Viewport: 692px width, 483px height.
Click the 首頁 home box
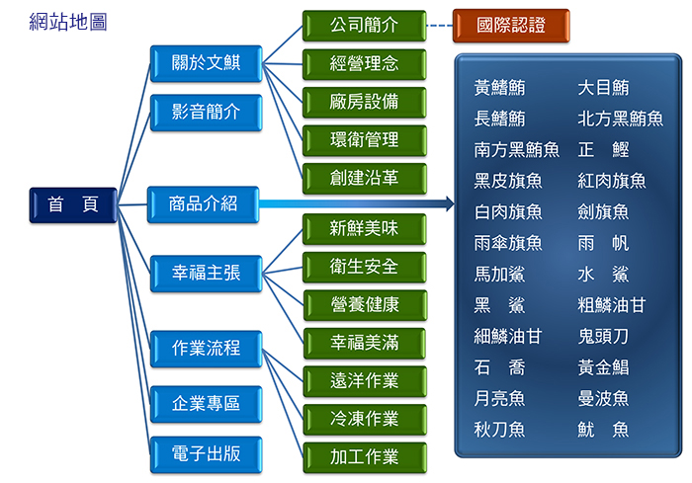tap(73, 205)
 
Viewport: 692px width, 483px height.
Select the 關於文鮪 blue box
tap(206, 63)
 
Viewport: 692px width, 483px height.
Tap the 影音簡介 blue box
tap(206, 113)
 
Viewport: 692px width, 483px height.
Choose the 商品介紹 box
tap(203, 204)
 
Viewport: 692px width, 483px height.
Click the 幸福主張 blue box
tap(206, 274)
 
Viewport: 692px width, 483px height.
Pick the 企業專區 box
tap(206, 404)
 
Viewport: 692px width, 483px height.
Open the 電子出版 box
tap(206, 454)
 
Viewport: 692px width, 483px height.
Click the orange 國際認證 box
tap(511, 26)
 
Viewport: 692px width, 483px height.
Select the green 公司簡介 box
tap(365, 26)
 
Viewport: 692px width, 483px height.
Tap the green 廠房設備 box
tap(365, 103)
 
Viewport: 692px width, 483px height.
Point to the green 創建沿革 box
tap(365, 179)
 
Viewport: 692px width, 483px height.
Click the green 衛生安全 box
tap(365, 268)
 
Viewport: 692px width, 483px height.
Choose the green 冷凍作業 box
tap(365, 420)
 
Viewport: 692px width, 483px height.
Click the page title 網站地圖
tap(68, 22)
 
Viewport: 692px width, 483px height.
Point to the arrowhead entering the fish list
tap(450, 203)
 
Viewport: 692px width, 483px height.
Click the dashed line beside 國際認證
tap(440, 26)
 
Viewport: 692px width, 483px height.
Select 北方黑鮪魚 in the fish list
tap(620, 119)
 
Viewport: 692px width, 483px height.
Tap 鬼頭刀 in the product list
tap(603, 337)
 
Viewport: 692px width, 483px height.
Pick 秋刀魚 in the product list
tap(499, 430)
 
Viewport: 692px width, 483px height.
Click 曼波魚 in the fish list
tap(603, 398)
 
